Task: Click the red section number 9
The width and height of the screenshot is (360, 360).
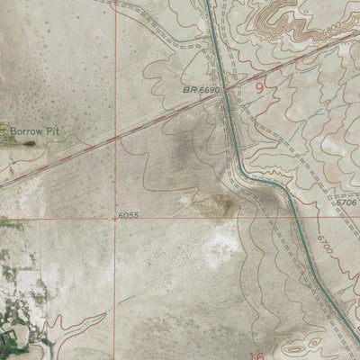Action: [x=260, y=88]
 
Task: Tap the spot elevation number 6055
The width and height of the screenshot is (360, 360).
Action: [x=130, y=216]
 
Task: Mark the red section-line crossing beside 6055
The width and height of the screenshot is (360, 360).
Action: [x=115, y=216]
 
